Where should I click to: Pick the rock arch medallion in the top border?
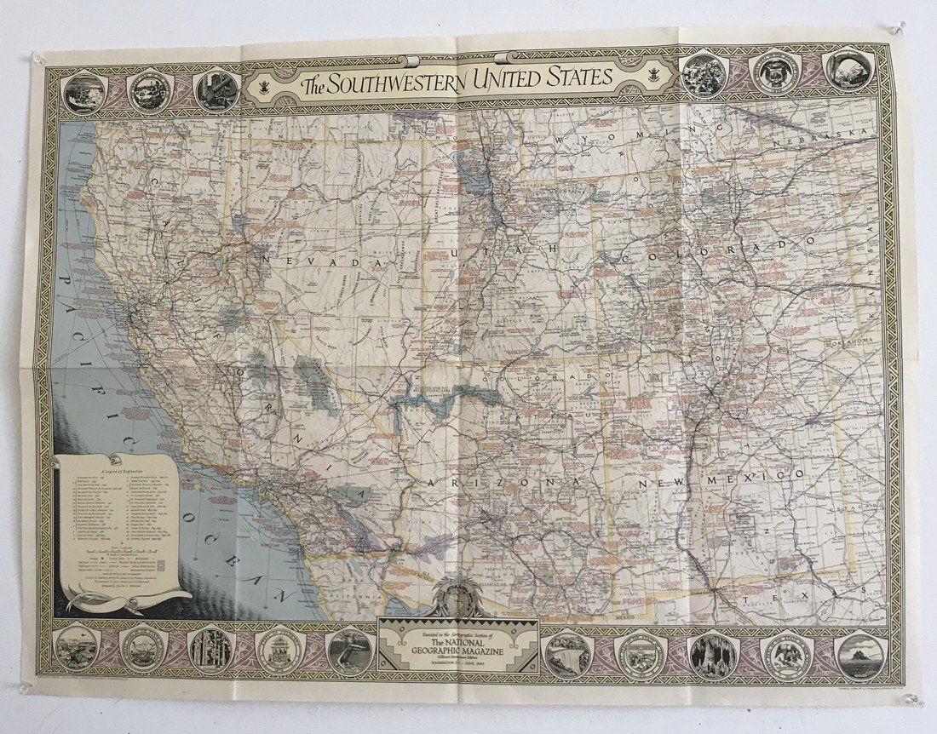pos(848,71)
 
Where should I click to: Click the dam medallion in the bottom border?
pos(566,652)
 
